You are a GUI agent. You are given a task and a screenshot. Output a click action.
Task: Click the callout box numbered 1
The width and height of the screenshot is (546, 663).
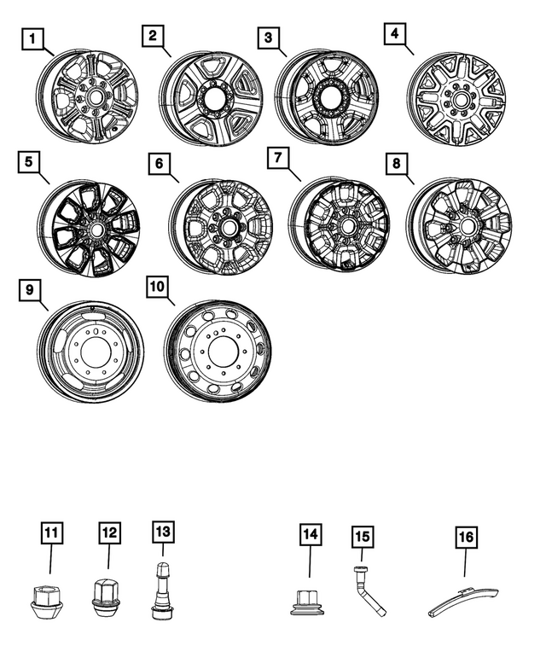(32, 38)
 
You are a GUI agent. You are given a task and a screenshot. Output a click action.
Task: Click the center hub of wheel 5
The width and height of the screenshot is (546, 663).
(95, 230)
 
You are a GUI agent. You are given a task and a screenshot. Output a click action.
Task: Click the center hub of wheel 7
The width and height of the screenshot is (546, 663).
(348, 226)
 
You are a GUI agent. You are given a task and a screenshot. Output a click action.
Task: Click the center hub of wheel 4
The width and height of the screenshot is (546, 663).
(460, 101)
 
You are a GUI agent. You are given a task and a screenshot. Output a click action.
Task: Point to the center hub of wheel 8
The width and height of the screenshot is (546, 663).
(467, 225)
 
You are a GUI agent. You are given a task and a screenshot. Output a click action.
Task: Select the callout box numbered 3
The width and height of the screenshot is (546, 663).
(269, 38)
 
